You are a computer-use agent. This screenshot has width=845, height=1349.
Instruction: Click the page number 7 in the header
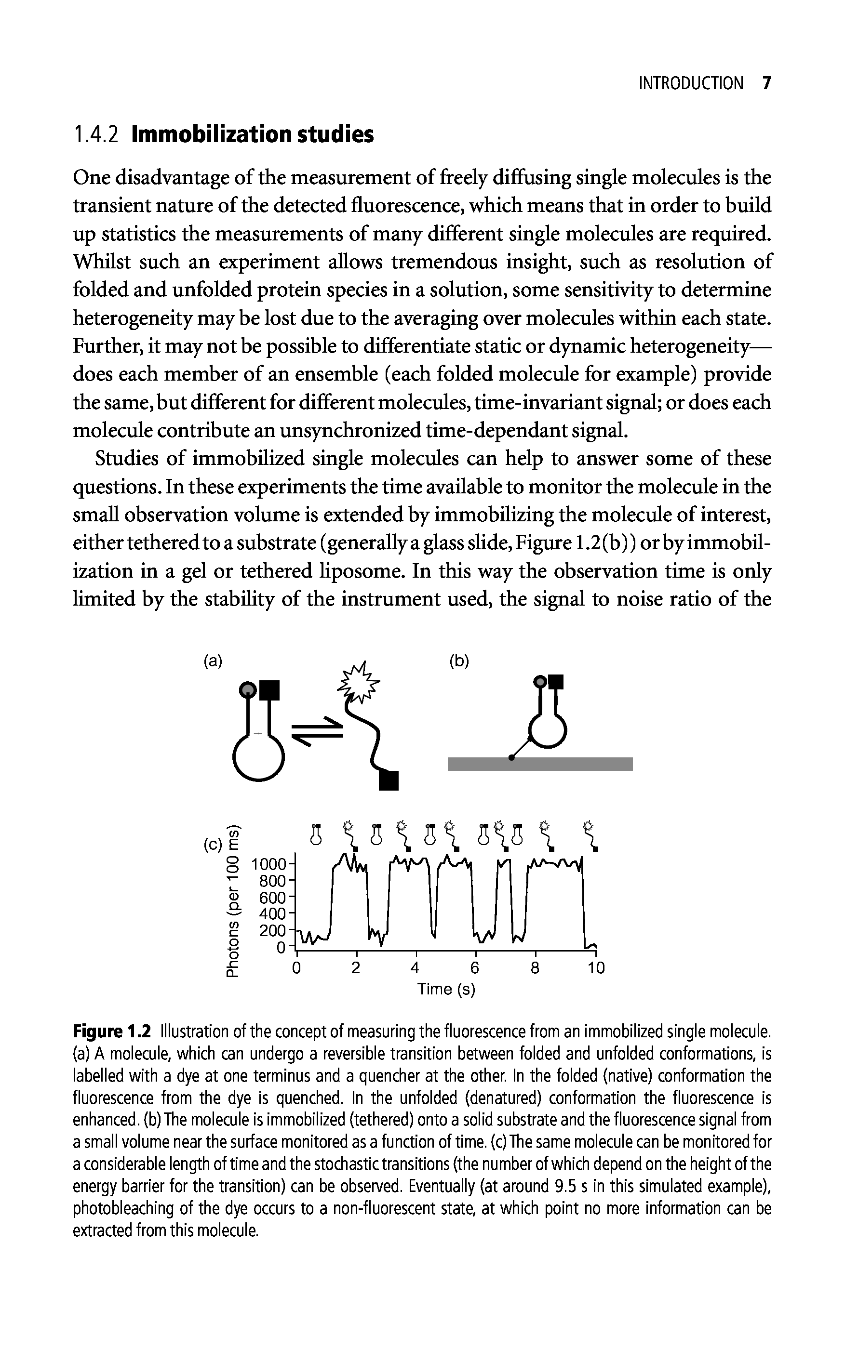point(766,84)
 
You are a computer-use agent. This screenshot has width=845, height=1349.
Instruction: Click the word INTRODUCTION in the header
point(691,84)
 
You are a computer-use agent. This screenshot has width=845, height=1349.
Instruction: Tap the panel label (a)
point(213,661)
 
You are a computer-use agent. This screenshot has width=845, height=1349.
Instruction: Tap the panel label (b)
point(459,661)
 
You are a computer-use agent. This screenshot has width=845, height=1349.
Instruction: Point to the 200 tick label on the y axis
point(273,931)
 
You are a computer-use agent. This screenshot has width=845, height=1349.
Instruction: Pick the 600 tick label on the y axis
point(273,898)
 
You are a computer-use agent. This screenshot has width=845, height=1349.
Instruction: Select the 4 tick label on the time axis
point(415,967)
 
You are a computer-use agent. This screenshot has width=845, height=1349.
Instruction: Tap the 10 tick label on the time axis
point(596,967)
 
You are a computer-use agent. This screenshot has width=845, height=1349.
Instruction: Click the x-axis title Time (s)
point(446,989)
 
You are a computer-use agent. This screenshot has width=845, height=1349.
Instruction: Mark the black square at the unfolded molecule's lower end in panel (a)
point(389,780)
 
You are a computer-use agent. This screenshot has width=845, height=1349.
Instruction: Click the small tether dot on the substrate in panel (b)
point(511,758)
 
